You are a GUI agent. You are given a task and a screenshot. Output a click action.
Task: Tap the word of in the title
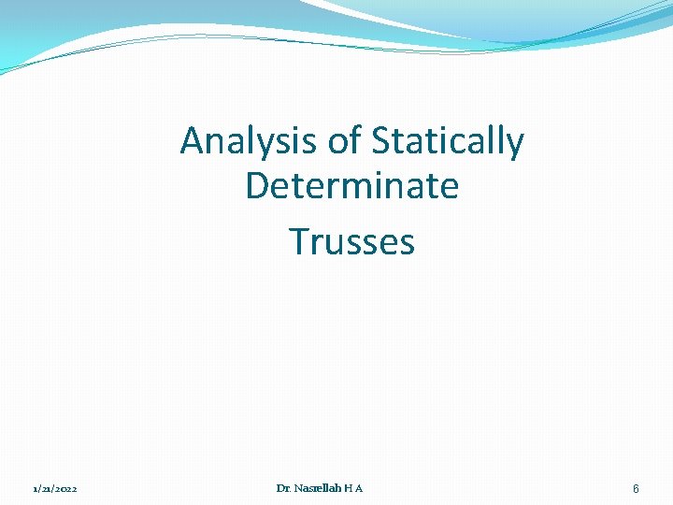click(x=345, y=142)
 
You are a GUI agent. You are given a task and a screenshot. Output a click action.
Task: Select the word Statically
click(x=448, y=142)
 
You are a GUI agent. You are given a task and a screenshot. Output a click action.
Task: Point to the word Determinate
click(x=351, y=186)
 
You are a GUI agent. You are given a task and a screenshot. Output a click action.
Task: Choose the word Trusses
click(x=351, y=241)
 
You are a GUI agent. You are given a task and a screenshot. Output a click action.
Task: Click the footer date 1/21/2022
click(x=55, y=489)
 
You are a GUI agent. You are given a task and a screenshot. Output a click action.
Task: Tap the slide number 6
click(x=636, y=489)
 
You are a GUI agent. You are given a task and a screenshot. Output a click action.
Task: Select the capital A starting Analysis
click(x=193, y=142)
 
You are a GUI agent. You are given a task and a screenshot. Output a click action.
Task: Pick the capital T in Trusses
click(x=299, y=241)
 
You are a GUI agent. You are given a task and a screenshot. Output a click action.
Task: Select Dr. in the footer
click(x=284, y=488)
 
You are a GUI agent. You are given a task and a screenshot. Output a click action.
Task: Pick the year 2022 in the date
click(x=65, y=489)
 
